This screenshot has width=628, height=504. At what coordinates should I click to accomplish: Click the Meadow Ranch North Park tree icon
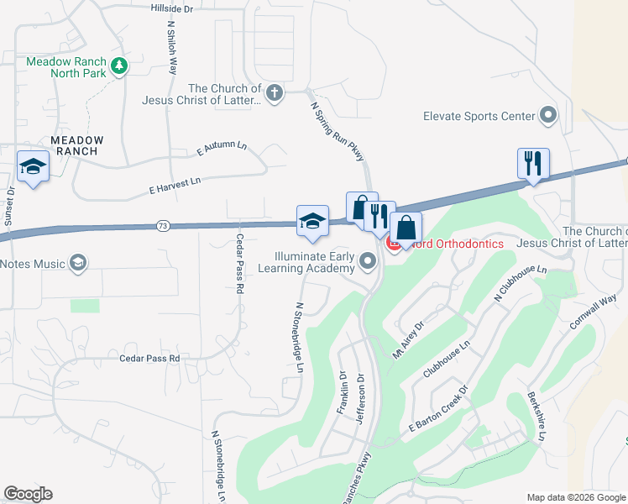coord(119,66)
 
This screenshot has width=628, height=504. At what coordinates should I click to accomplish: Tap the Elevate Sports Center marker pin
coord(550,115)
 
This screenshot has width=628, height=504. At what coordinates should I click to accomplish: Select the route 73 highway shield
coord(163,226)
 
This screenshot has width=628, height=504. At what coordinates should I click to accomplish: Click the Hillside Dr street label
coord(171,8)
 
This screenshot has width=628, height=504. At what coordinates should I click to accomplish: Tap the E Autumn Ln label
coord(222,149)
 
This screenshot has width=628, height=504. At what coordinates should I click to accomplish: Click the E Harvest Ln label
coord(175,181)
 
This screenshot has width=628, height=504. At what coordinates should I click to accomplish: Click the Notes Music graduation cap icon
coord(78,264)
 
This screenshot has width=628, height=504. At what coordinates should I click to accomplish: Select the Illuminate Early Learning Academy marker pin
coord(368,262)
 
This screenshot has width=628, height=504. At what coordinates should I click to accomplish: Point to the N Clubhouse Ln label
coord(521,286)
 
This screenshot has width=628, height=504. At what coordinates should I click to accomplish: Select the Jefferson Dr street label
coord(362,400)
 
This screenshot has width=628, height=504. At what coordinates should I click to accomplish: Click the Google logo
coord(28,495)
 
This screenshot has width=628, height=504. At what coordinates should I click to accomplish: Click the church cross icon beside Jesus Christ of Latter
coord(275,92)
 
